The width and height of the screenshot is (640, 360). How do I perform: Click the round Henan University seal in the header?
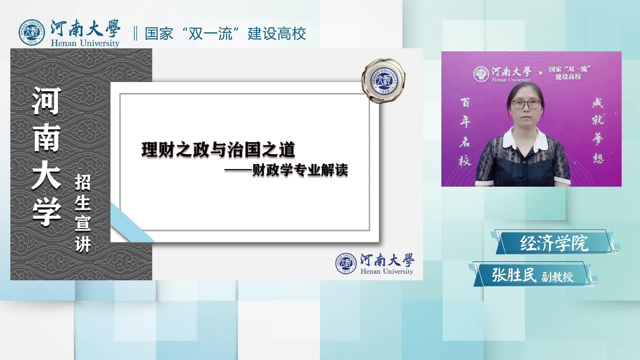pyautogui.click(x=32, y=33)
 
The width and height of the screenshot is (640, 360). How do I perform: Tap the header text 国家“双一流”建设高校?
pyautogui.click(x=225, y=34)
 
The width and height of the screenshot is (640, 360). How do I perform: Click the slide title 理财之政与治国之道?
pyautogui.click(x=218, y=150)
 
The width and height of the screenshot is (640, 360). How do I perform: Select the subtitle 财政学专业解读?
pyautogui.click(x=300, y=170)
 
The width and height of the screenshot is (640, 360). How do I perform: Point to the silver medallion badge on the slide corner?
pyautogui.click(x=384, y=80)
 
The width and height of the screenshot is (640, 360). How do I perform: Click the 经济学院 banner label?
pyautogui.click(x=554, y=243)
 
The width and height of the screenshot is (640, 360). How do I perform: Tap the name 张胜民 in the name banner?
pyautogui.click(x=514, y=275)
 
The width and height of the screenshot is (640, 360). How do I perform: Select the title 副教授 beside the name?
pyautogui.click(x=557, y=277)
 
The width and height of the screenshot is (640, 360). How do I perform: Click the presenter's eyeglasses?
pyautogui.click(x=526, y=104)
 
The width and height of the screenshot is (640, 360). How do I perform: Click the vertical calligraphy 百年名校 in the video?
pyautogui.click(x=465, y=132)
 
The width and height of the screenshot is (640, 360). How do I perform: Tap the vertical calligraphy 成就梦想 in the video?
pyautogui.click(x=598, y=130)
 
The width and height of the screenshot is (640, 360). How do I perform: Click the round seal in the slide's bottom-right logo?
pyautogui.click(x=346, y=263)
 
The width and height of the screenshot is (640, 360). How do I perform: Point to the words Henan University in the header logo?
pyautogui.click(x=85, y=43)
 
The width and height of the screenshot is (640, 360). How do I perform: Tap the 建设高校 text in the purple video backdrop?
pyautogui.click(x=568, y=77)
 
